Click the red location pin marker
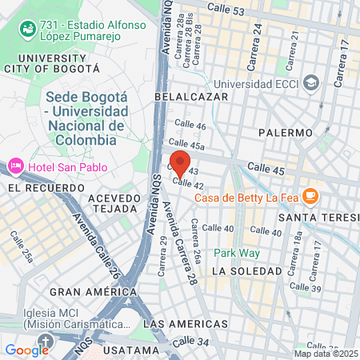click(180, 162)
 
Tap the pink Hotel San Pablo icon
click(14, 166)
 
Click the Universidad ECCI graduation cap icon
click(312, 82)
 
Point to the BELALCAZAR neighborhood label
click(191, 97)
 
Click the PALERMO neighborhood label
click(285, 132)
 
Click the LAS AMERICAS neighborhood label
click(184, 324)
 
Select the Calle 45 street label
click(266, 168)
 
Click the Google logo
click(26, 350)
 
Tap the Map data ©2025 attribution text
click(326, 354)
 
